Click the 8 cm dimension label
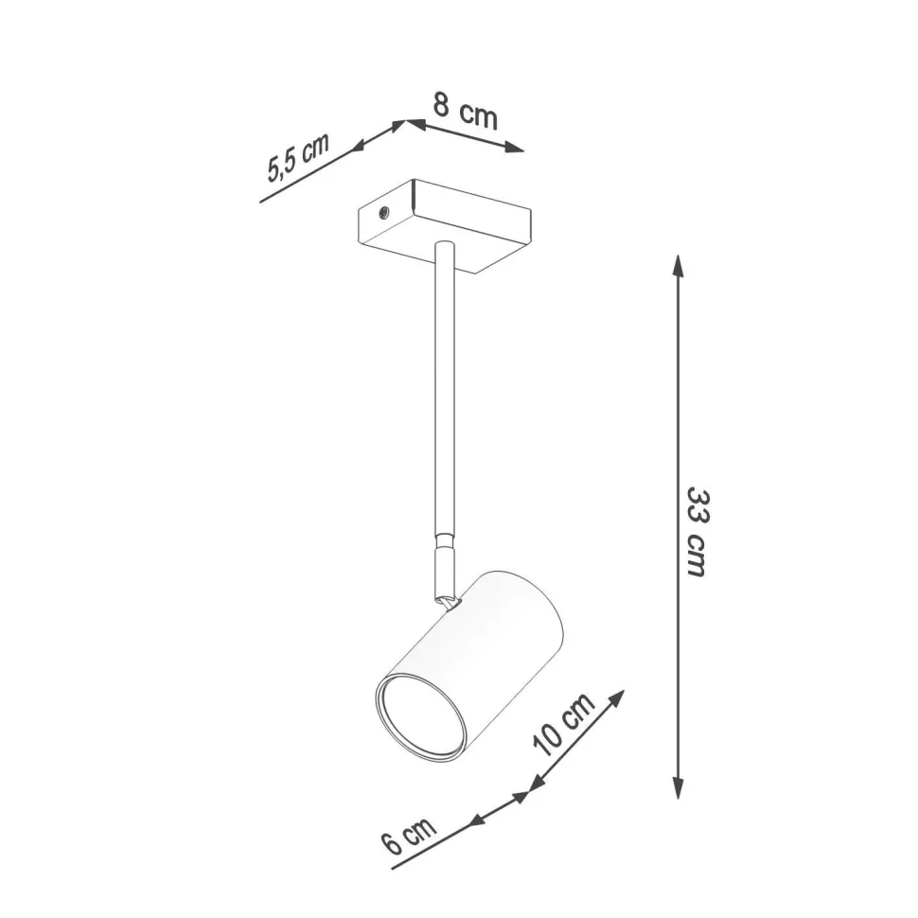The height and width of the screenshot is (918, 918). (x=465, y=112)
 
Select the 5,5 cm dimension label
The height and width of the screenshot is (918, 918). (x=297, y=157)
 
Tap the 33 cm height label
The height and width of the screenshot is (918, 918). (x=697, y=533)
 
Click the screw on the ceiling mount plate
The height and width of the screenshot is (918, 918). (x=384, y=211)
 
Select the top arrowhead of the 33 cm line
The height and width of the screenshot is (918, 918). (x=678, y=264)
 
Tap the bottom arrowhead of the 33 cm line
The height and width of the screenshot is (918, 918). (x=678, y=788)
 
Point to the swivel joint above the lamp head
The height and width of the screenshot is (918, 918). (x=444, y=572)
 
